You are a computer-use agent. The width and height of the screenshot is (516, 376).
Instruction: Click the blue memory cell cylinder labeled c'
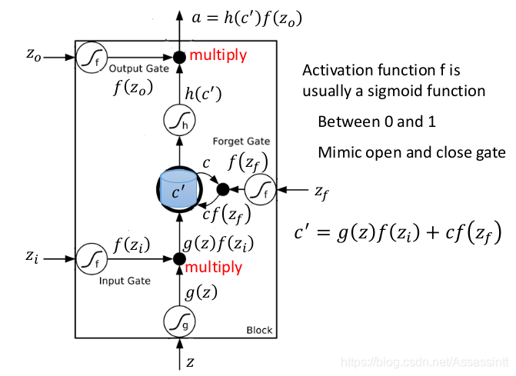coord(178,189)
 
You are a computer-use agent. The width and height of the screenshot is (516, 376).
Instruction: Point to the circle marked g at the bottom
coord(178,322)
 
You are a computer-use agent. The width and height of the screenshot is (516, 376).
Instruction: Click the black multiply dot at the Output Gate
coord(178,56)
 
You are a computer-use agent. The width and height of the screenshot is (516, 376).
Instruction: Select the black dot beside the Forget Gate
coord(222,189)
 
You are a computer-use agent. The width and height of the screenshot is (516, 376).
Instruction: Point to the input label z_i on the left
coord(31,255)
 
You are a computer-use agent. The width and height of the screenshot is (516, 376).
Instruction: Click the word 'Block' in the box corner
coord(258,331)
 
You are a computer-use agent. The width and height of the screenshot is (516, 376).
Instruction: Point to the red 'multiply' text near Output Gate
coord(218,55)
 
